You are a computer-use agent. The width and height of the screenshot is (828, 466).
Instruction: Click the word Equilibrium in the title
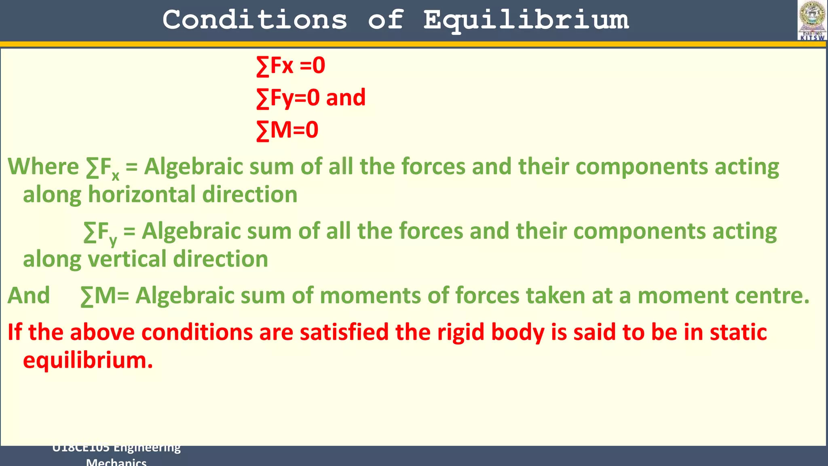526,20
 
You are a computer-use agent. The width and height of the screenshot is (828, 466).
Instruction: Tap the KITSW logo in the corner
812,20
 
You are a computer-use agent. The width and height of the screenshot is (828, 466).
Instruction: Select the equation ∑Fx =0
290,66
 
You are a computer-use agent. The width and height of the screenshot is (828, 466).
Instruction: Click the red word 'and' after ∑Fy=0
346,98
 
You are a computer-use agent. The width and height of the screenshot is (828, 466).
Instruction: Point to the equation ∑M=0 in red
287,130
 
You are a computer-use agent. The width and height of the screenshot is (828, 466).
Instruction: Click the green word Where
43,167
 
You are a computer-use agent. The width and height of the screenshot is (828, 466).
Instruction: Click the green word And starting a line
29,296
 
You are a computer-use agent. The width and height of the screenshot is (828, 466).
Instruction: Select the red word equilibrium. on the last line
88,361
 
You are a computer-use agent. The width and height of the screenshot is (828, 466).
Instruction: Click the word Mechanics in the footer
116,462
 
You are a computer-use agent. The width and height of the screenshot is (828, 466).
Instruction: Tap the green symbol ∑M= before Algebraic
104,296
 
